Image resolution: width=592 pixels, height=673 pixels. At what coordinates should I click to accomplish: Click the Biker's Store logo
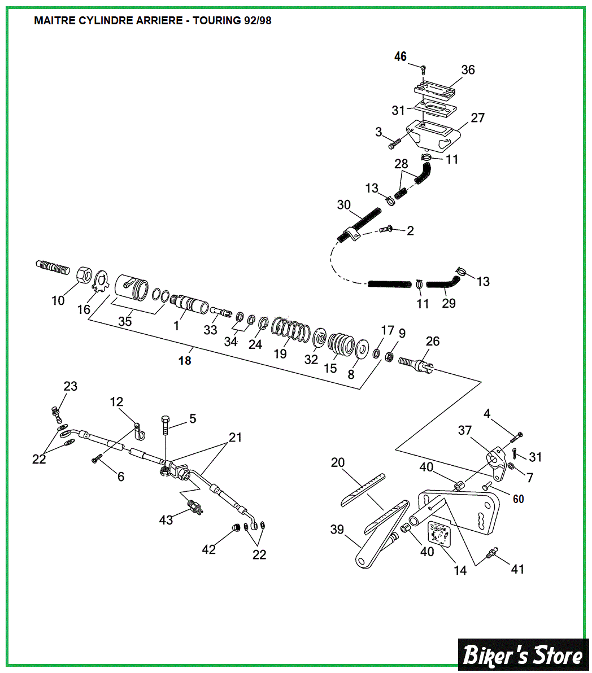[523, 654]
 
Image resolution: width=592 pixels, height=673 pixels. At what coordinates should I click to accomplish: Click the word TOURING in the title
[217, 20]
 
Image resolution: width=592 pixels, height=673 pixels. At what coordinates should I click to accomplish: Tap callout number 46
[400, 56]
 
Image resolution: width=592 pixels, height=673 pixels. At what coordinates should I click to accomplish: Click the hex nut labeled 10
[84, 275]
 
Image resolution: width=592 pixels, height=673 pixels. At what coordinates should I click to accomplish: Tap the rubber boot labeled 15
[341, 344]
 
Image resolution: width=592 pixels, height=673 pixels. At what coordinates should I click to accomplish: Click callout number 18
[185, 360]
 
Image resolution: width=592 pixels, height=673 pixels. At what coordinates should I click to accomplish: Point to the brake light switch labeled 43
[195, 506]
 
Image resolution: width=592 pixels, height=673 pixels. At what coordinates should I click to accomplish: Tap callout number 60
[518, 499]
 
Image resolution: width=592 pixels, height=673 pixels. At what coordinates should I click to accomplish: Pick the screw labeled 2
[386, 229]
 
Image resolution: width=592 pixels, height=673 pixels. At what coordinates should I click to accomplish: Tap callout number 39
[337, 529]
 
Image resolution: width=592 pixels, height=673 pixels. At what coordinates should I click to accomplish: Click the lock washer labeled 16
[101, 281]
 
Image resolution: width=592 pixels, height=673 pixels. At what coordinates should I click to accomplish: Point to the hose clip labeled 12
[138, 431]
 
